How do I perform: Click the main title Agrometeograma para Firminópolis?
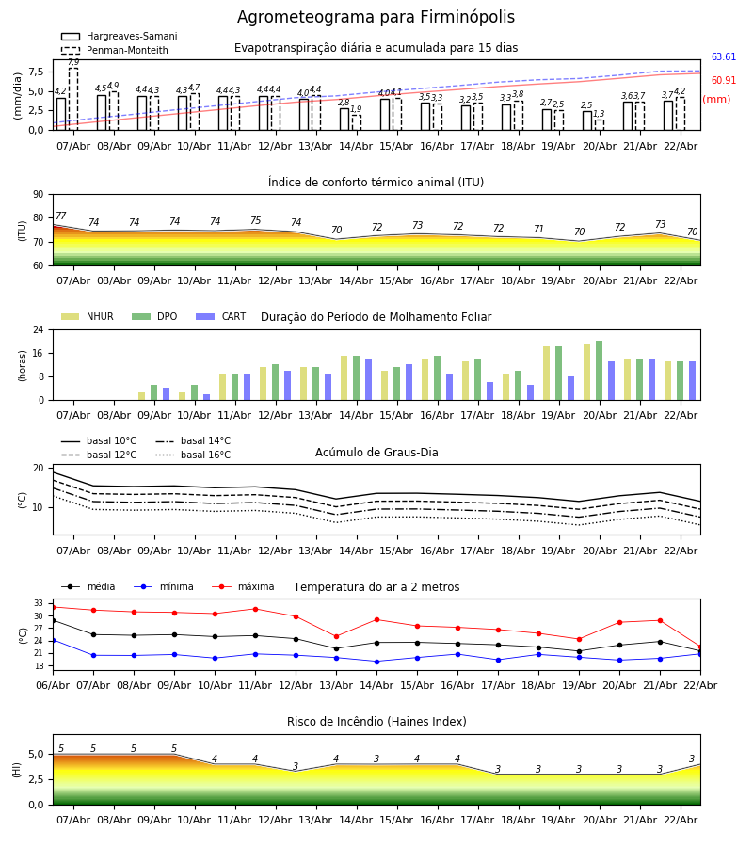376,18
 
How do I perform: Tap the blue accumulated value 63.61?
723,57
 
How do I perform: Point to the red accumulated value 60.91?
723,81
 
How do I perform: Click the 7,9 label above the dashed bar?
73,62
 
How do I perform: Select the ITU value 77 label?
61,216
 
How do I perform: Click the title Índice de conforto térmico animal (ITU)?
376,183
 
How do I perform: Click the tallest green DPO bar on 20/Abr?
599,370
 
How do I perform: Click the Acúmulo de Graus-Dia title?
376,453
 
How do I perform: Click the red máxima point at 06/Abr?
53,607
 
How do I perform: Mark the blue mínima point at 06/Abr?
53,640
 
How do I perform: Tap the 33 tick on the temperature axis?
39,603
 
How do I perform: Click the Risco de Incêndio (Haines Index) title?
376,722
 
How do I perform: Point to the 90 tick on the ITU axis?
38,194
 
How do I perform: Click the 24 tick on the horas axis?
38,330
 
